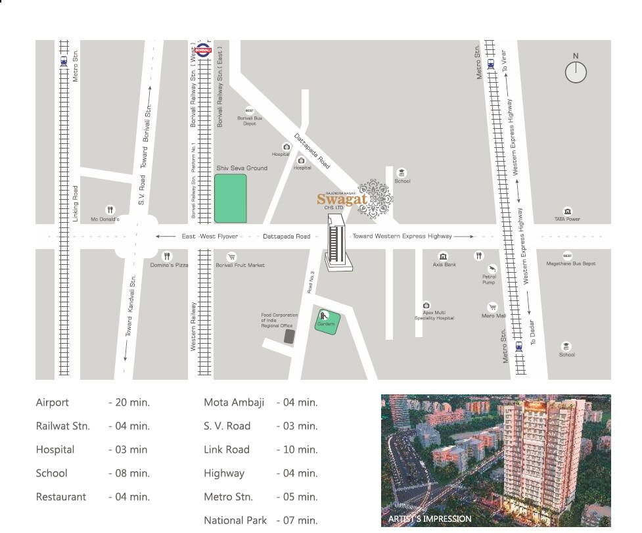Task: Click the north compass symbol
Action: tap(576, 72)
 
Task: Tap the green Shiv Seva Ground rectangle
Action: tap(230, 198)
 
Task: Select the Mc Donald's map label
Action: tap(105, 220)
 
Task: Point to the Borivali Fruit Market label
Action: tap(240, 265)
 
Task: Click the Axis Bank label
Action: tap(444, 265)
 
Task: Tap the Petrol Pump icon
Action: tap(492, 269)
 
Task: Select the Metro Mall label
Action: tap(493, 316)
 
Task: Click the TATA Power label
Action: tap(567, 220)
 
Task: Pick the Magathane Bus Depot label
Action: tap(571, 264)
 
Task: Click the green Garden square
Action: tap(327, 321)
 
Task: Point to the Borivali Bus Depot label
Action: tap(249, 121)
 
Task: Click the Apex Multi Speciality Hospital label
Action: tap(434, 315)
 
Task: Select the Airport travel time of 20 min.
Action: tap(129, 403)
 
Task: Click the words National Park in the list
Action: tap(235, 521)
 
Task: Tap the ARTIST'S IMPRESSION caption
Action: tap(430, 519)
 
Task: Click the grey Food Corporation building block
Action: tap(289, 336)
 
